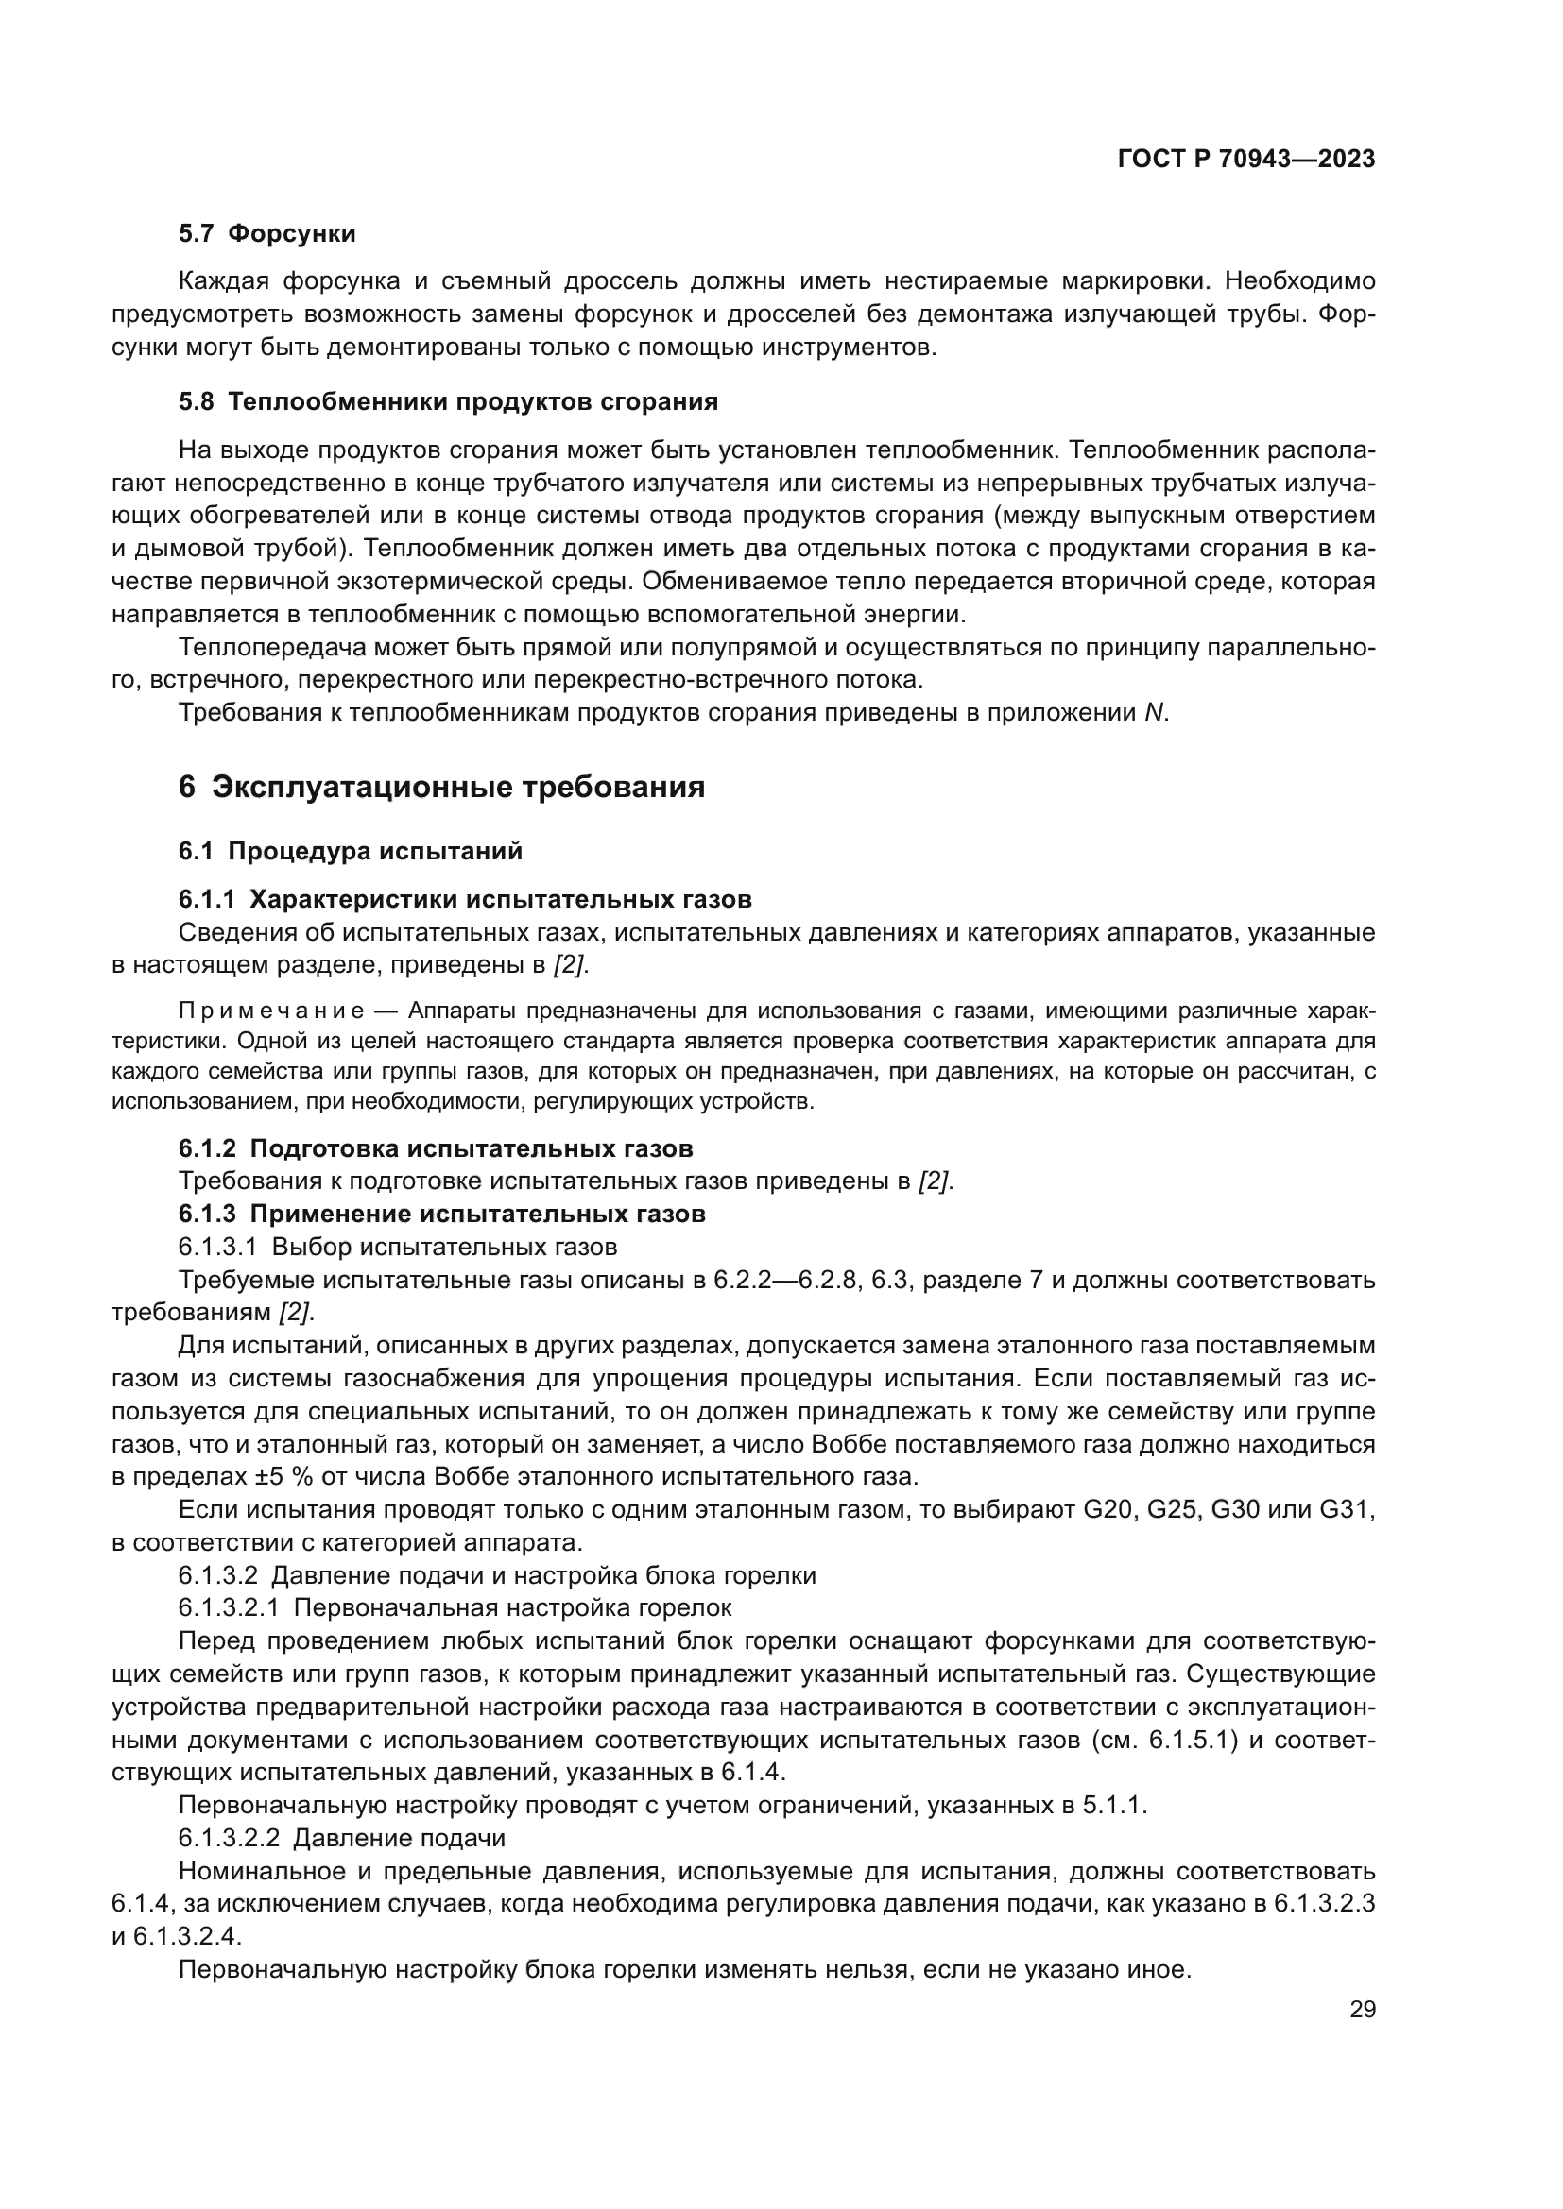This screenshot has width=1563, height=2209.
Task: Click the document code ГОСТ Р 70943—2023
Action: [1246, 160]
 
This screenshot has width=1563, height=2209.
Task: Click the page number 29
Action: [1362, 2010]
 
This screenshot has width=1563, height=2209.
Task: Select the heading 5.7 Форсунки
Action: [266, 234]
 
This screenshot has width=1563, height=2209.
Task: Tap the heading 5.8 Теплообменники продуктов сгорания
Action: [448, 402]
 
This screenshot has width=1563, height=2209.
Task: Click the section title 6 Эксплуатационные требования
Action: [441, 787]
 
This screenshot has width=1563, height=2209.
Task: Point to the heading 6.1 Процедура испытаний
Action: [351, 852]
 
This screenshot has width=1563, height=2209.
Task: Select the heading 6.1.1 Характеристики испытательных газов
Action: [465, 900]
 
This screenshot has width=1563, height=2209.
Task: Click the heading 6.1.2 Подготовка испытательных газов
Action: [435, 1148]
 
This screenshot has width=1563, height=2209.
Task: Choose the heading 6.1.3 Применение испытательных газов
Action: [441, 1215]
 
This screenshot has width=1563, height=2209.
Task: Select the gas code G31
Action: [1346, 1509]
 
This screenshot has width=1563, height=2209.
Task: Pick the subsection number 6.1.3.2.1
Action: [229, 1607]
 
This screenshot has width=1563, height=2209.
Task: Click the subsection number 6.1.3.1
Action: [217, 1248]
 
